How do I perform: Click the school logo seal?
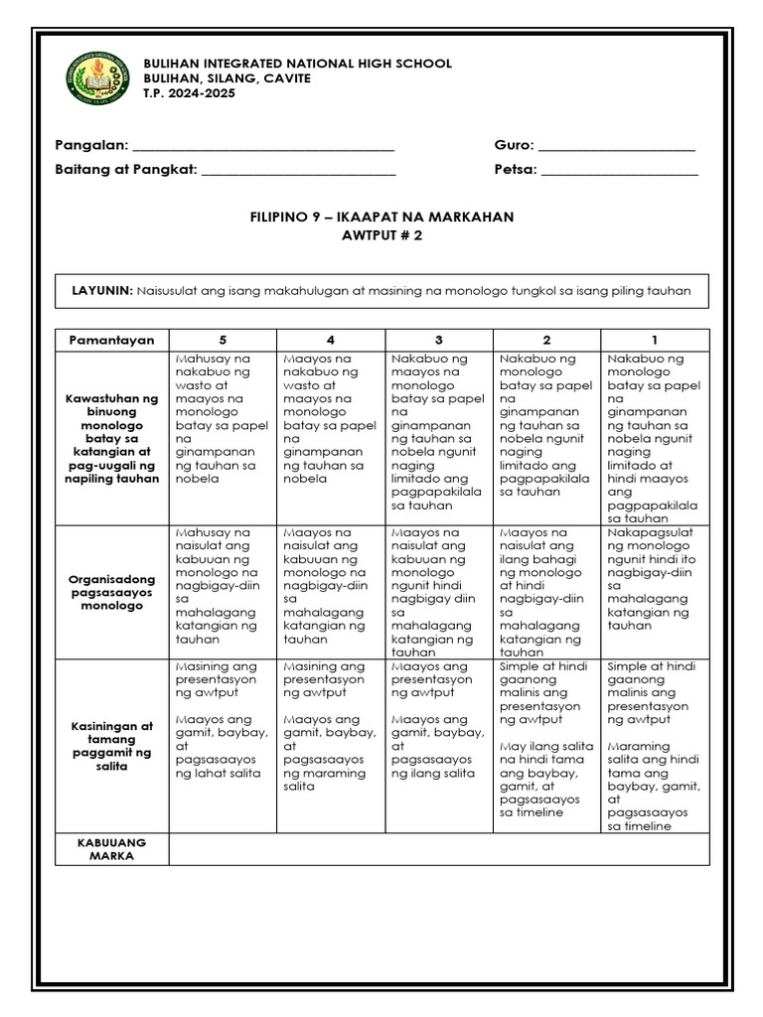(97, 78)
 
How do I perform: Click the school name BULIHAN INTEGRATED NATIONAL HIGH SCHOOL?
(298, 64)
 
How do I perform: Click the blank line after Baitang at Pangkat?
(298, 170)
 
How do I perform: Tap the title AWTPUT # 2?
(381, 235)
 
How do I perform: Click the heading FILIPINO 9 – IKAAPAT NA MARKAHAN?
(381, 217)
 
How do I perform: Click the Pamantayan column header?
(112, 340)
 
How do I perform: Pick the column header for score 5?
(224, 340)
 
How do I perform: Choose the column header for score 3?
(438, 340)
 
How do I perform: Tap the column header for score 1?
(655, 340)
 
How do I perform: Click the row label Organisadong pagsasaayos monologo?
(112, 591)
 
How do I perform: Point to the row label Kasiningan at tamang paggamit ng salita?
(112, 746)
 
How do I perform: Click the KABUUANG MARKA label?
(112, 849)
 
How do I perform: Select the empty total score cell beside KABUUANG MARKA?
(439, 849)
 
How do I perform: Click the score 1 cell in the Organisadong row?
(655, 591)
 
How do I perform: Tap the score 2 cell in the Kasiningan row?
(546, 746)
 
